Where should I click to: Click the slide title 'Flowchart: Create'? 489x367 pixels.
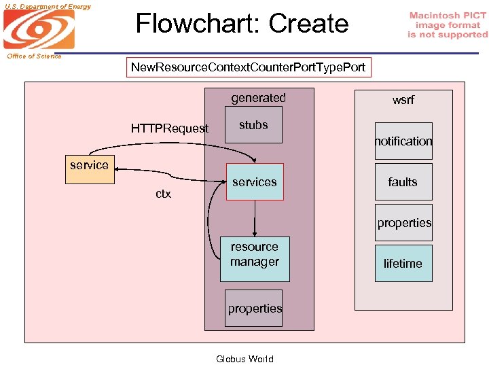tap(242, 24)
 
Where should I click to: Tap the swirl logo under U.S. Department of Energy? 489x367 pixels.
tap(39, 29)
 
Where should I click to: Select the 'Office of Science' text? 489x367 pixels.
tap(34, 56)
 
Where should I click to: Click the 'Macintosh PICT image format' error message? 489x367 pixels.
tap(448, 25)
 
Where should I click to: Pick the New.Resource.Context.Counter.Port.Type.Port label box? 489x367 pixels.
tap(249, 67)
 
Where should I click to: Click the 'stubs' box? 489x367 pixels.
tap(253, 125)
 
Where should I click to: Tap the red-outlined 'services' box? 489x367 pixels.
tap(254, 181)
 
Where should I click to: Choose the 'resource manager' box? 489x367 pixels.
tap(255, 258)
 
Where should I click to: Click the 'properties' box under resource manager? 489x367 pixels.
tap(255, 308)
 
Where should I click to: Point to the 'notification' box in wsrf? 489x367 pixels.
tap(403, 141)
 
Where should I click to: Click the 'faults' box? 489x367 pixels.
tap(403, 181)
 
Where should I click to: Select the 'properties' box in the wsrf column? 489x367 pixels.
tap(404, 222)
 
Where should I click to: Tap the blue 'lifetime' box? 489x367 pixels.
tap(403, 263)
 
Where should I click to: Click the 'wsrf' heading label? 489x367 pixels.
tap(403, 100)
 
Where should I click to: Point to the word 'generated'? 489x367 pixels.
tap(258, 98)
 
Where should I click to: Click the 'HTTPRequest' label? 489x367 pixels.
tap(170, 128)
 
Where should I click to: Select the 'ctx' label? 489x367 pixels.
tap(163, 194)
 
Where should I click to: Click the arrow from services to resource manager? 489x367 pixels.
tap(255, 217)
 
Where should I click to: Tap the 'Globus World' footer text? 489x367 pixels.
tap(244, 359)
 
